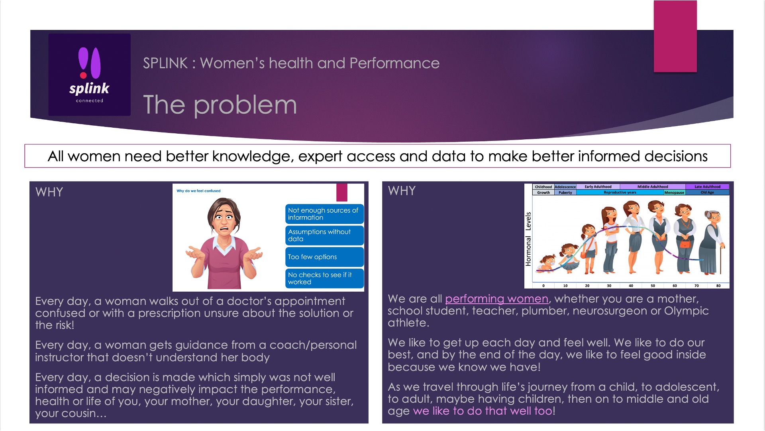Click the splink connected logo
[x=89, y=75]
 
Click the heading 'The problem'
[x=220, y=105]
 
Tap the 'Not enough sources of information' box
[x=324, y=214]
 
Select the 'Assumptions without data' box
[x=324, y=235]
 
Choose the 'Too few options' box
[x=324, y=257]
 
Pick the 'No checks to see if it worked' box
[x=324, y=279]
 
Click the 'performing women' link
[x=496, y=299]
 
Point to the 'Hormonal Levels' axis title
[x=528, y=239]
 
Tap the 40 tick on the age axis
[x=631, y=286]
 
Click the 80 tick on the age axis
[x=718, y=286]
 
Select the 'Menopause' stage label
[x=674, y=192]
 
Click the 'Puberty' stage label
[x=565, y=192]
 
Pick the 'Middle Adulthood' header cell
[x=653, y=187]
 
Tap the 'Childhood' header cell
[x=543, y=187]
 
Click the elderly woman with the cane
[x=712, y=242]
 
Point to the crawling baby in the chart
[x=546, y=263]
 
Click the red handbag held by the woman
[x=685, y=243]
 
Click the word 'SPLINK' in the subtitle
[x=165, y=63]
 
